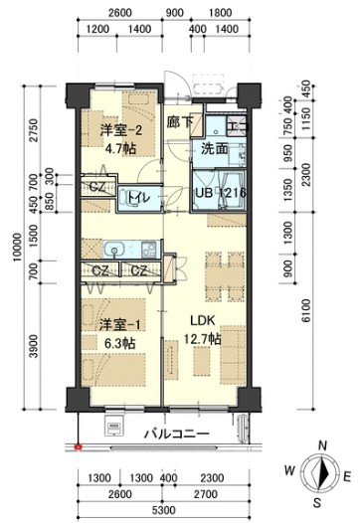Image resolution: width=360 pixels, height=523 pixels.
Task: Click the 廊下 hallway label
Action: pos(180,123)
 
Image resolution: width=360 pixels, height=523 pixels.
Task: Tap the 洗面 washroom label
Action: pos(215,149)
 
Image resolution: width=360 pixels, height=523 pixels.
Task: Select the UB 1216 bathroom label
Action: pos(220,193)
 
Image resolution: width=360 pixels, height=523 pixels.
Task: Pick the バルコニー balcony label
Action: pos(175,434)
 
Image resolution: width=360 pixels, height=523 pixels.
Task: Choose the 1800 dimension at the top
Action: pos(220,13)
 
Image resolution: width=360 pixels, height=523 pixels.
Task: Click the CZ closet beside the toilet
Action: pos(97,187)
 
